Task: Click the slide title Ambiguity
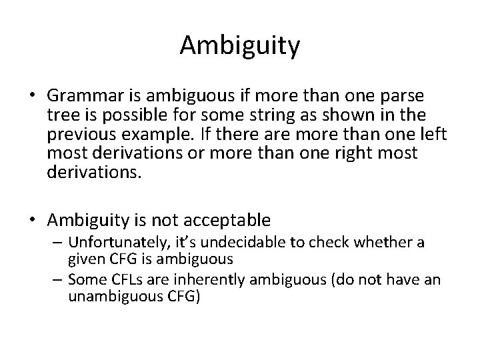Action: (240, 46)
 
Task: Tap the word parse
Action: (409, 95)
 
